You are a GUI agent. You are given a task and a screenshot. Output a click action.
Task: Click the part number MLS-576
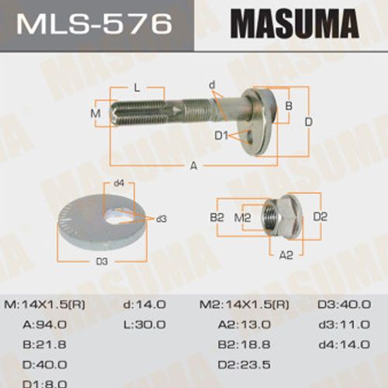[95, 24]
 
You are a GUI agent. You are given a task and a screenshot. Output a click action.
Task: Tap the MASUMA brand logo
[295, 24]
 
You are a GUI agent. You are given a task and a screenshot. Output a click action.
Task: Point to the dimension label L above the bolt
[137, 88]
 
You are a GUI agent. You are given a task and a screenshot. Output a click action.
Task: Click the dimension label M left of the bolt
[95, 113]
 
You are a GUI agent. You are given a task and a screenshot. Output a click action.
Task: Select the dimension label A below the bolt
[194, 165]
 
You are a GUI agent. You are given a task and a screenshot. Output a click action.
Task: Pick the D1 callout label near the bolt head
[221, 136]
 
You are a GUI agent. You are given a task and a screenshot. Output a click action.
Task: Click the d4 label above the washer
[119, 183]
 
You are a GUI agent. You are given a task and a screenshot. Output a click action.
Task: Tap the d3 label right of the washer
[161, 219]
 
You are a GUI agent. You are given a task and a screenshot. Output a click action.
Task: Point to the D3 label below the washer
[102, 262]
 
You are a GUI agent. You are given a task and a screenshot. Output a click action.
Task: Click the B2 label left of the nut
[217, 217]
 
